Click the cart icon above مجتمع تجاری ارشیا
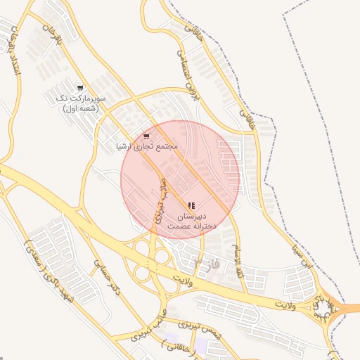click(146, 136)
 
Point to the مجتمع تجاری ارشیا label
click(147, 146)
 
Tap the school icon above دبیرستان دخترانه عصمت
click(191, 205)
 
